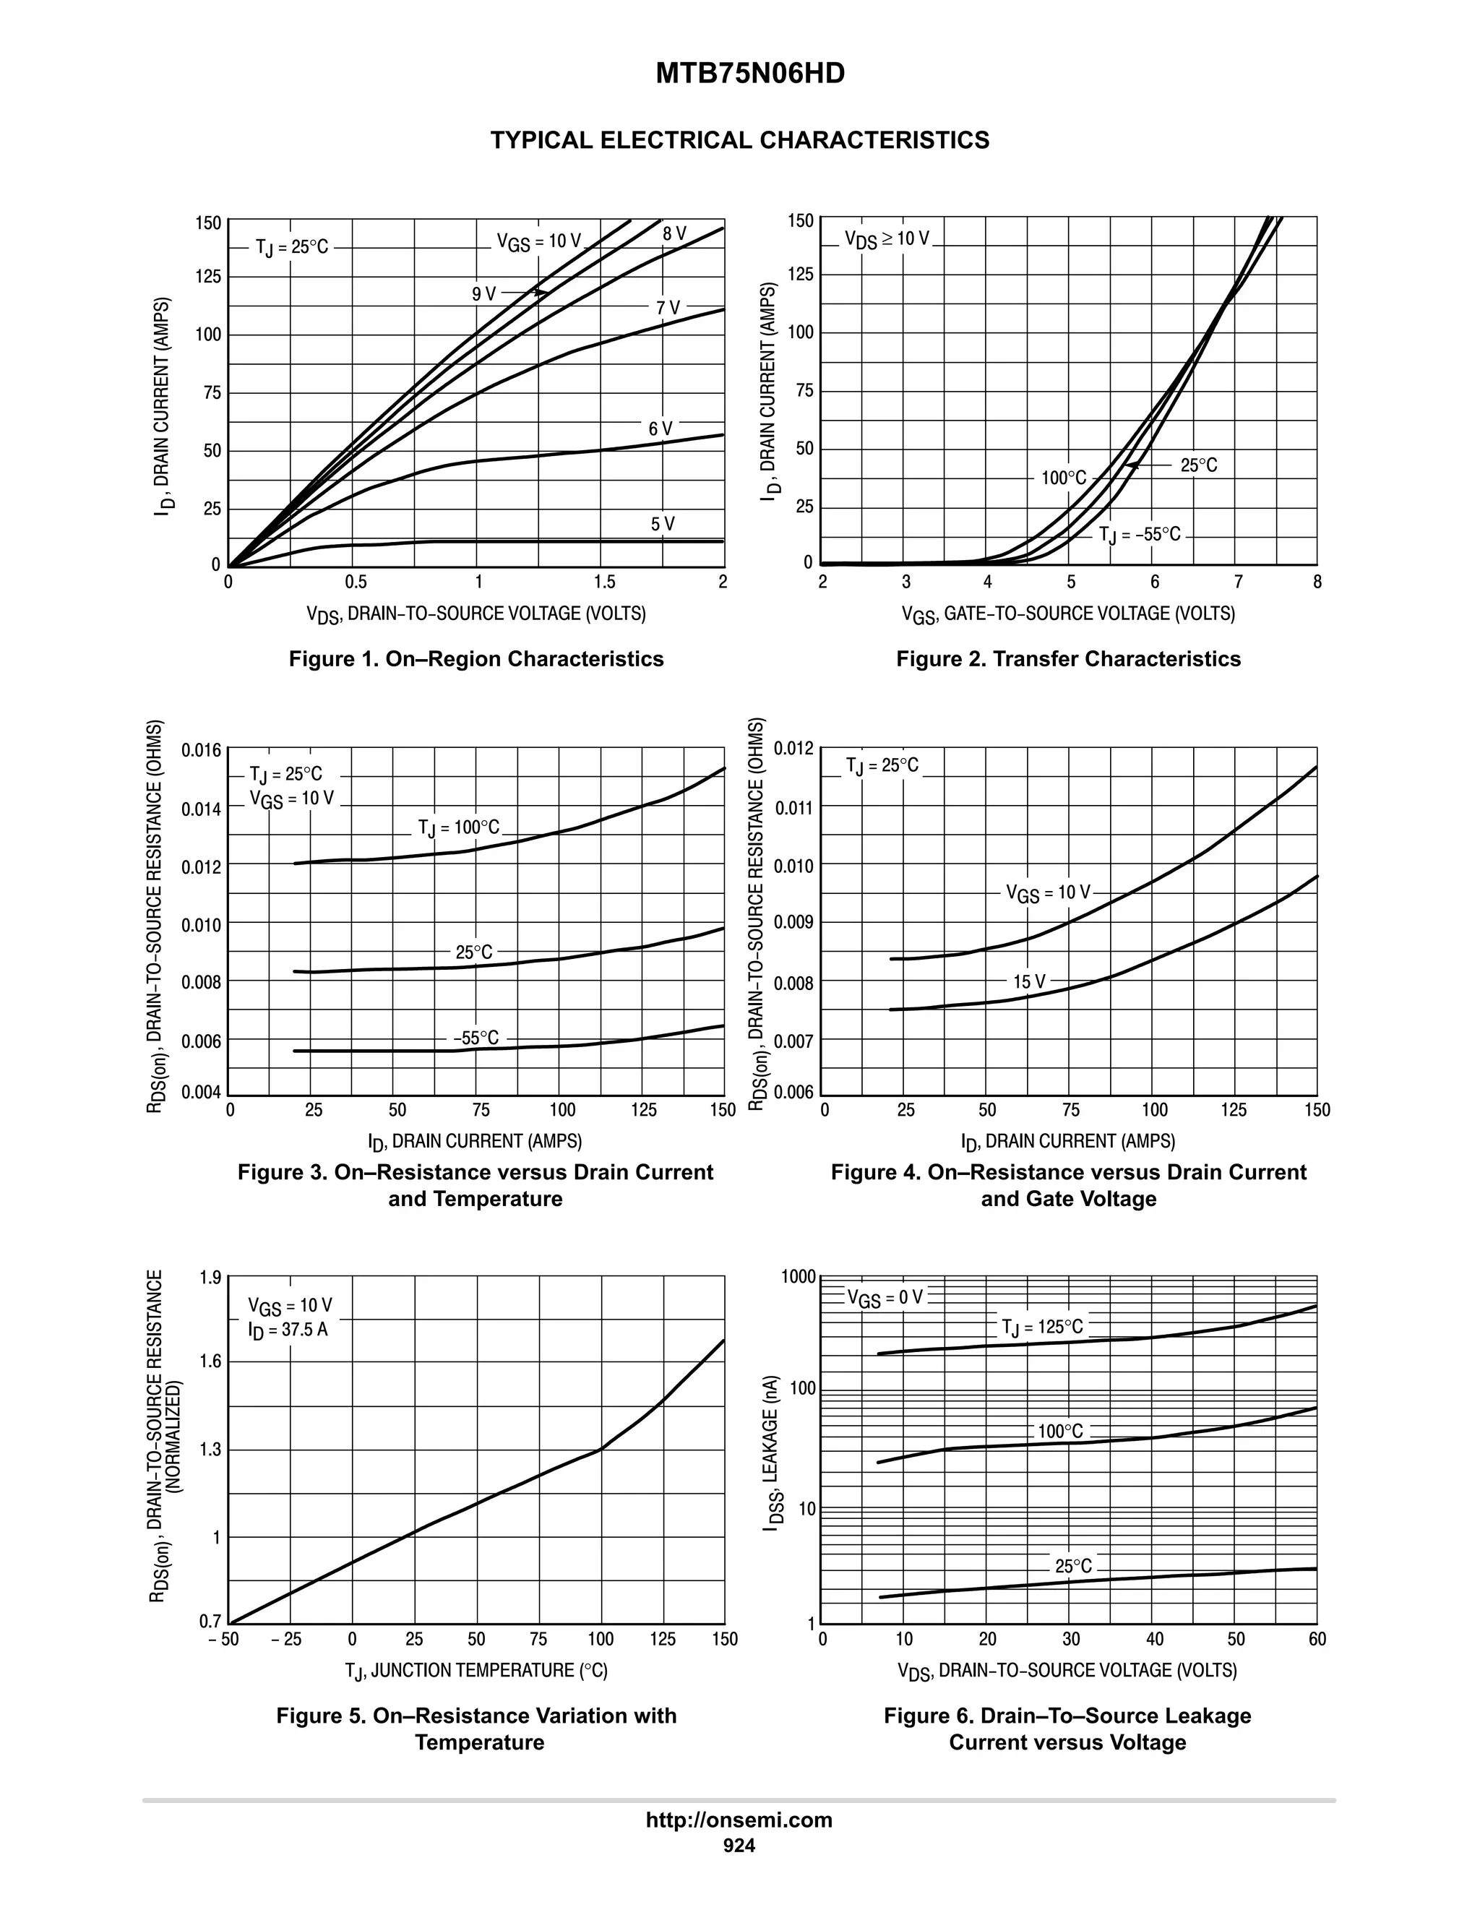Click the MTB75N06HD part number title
(x=749, y=74)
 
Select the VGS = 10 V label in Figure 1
(x=538, y=242)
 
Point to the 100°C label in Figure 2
(x=1064, y=478)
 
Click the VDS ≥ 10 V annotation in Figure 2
(x=887, y=238)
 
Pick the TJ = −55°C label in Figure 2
(x=1140, y=535)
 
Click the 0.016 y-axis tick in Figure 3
(x=202, y=751)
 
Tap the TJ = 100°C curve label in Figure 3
(x=459, y=827)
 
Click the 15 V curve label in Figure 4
(x=1029, y=981)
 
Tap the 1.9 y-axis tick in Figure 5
(x=210, y=1278)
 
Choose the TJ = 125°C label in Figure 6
(x=1043, y=1327)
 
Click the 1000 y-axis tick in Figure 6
(x=799, y=1277)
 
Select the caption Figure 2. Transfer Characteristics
(x=1068, y=659)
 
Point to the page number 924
(x=739, y=1846)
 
